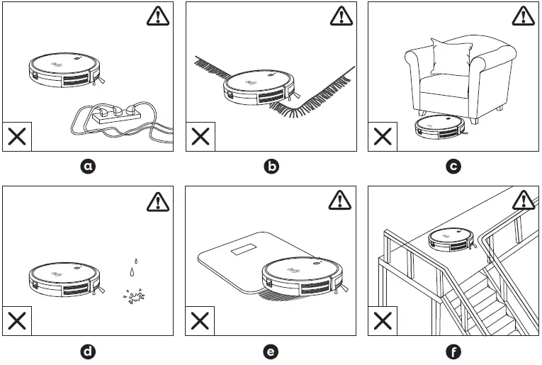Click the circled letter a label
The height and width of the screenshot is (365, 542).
tap(88, 167)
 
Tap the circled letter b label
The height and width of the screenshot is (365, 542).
tap(271, 167)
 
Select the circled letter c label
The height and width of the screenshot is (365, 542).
tap(453, 167)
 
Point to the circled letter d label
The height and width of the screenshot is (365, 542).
tap(88, 351)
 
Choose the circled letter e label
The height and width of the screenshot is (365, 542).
tap(271, 351)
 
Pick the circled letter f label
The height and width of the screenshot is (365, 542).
tap(453, 351)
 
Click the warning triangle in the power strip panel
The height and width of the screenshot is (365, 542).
tap(158, 17)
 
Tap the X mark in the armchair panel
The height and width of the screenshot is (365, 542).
tap(383, 137)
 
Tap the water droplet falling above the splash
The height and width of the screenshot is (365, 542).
tap(132, 271)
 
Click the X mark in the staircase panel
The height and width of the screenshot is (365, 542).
tap(383, 321)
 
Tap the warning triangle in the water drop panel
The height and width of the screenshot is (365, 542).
tap(158, 201)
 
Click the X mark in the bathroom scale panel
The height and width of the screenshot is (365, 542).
tap(200, 321)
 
